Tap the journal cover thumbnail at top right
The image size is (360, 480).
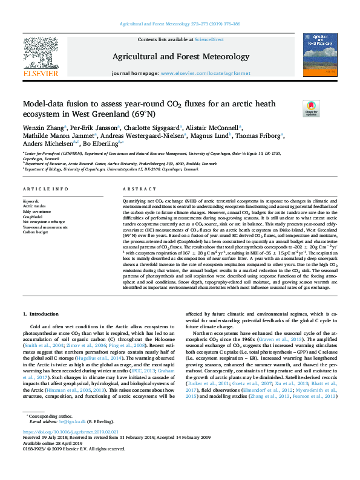pos(320,52)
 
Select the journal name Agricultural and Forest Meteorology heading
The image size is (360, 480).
pos(180,56)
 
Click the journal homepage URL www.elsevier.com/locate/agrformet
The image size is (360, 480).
pos(206,74)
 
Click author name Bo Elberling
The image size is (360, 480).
pos(100,144)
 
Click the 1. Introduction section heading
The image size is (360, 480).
pos(41,313)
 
